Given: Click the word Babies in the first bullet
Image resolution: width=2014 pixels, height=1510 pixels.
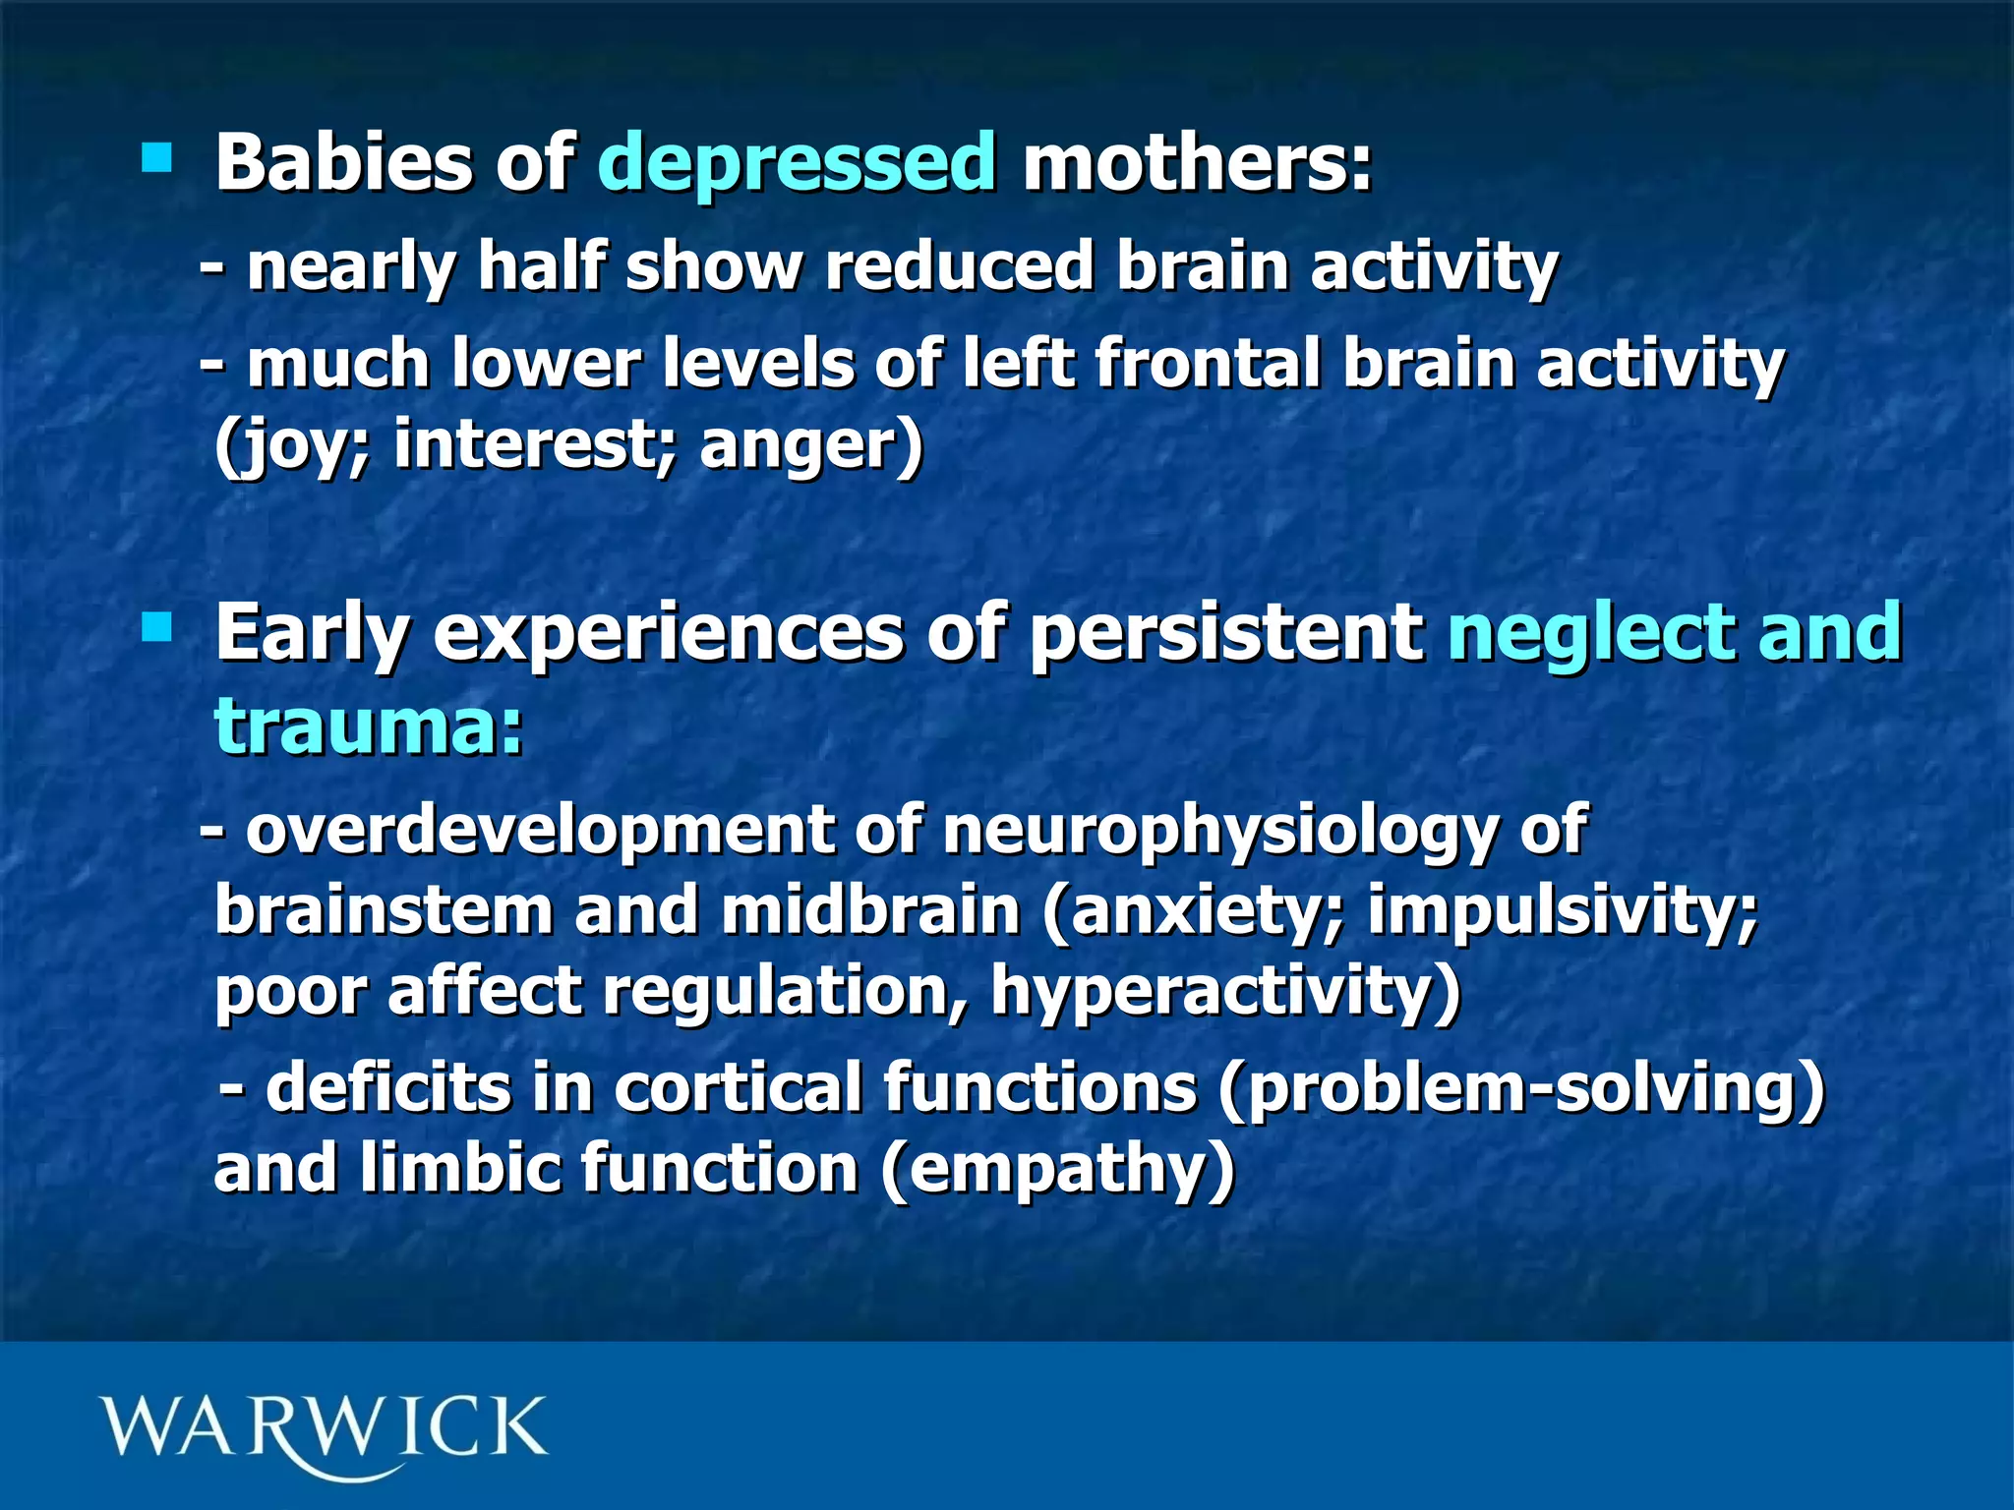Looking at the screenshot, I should (x=343, y=162).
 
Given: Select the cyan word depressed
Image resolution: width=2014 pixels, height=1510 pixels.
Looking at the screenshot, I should (x=797, y=164).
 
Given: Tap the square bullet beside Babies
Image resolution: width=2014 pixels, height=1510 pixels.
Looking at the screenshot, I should (x=156, y=157).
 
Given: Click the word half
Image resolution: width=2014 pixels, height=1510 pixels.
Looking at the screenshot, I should (x=540, y=266).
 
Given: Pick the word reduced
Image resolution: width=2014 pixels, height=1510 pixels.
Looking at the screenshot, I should (x=960, y=266).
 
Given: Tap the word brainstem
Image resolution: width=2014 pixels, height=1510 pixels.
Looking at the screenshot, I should (x=384, y=910).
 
